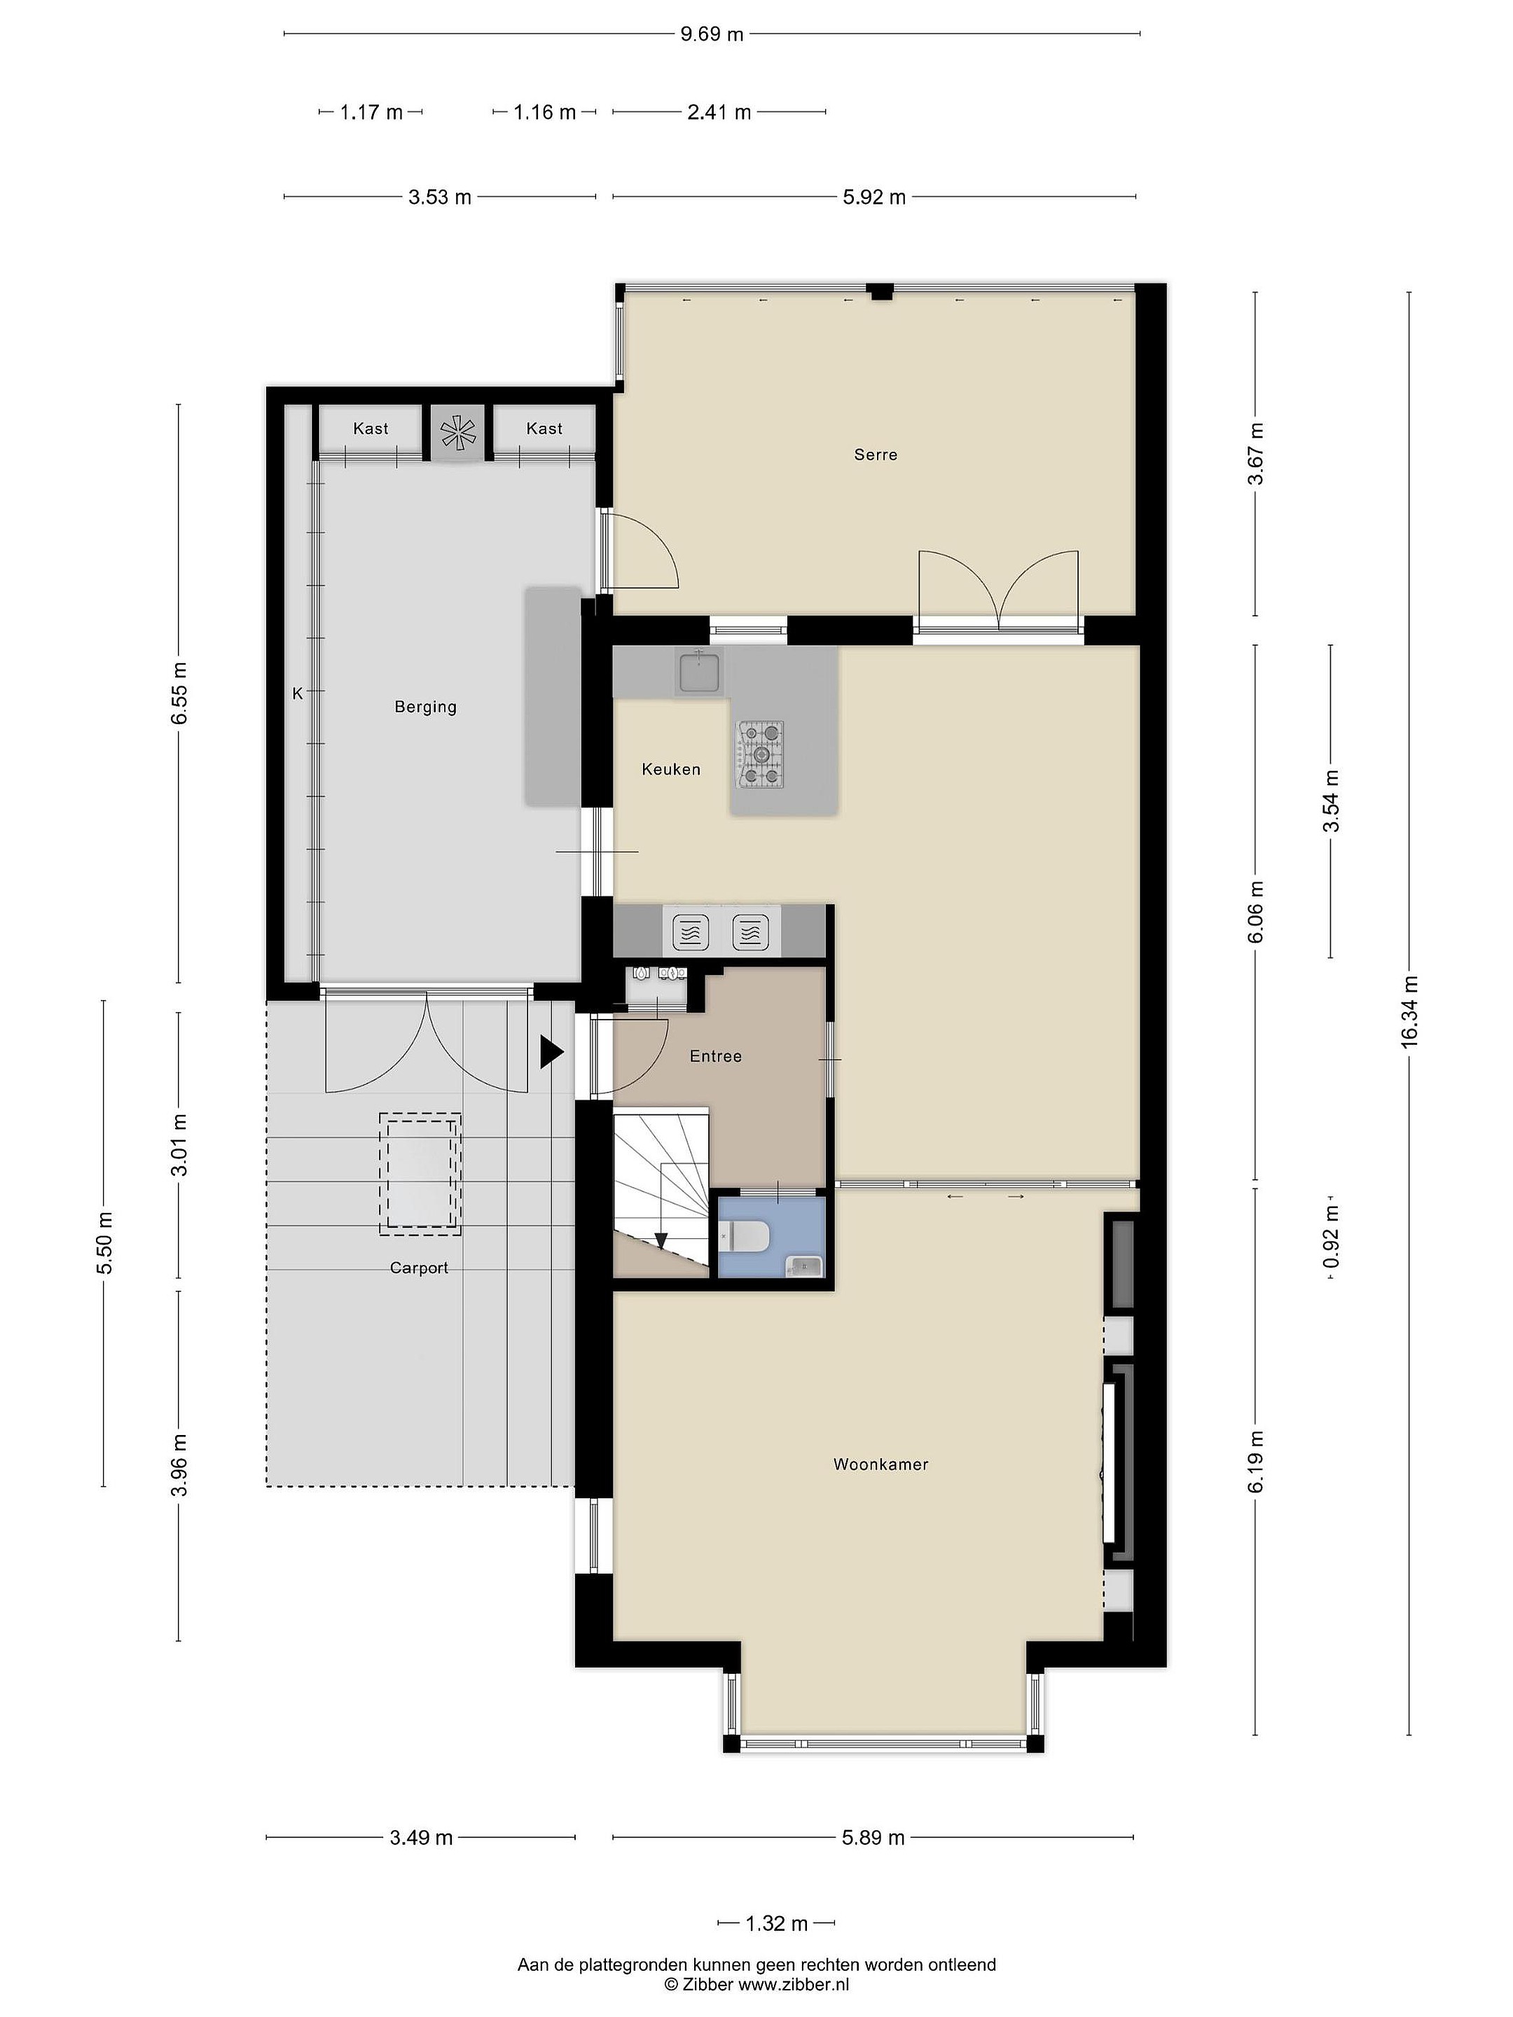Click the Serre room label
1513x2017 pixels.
(876, 454)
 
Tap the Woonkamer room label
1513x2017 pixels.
(881, 1464)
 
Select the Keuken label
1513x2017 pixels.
(671, 770)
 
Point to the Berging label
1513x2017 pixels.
(425, 707)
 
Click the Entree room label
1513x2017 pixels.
(715, 1056)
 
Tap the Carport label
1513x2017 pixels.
(419, 1268)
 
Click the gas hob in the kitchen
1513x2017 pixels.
(760, 754)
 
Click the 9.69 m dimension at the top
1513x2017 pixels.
(712, 34)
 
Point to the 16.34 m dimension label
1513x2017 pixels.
(1410, 1013)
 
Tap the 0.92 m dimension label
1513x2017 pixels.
(1332, 1235)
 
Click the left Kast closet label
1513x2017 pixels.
(371, 429)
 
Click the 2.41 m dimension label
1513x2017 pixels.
(719, 112)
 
